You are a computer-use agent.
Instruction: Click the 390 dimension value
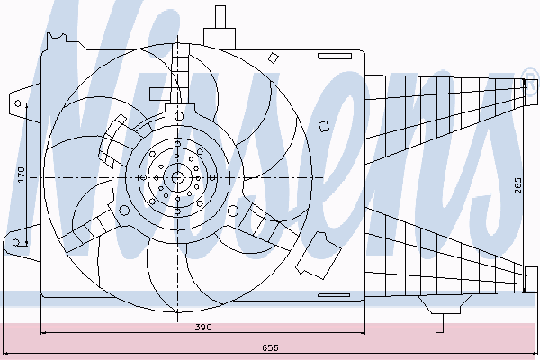(x=203, y=327)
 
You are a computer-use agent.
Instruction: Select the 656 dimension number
(x=270, y=347)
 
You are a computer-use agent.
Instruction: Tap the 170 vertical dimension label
(x=22, y=175)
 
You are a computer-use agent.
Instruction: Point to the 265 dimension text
(x=518, y=185)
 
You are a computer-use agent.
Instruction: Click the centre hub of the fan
(x=177, y=178)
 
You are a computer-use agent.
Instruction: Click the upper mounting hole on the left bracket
(x=19, y=103)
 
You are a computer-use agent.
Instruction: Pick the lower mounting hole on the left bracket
(x=16, y=242)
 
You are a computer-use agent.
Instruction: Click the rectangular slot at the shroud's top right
(x=335, y=56)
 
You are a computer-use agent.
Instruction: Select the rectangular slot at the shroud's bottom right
(x=334, y=295)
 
